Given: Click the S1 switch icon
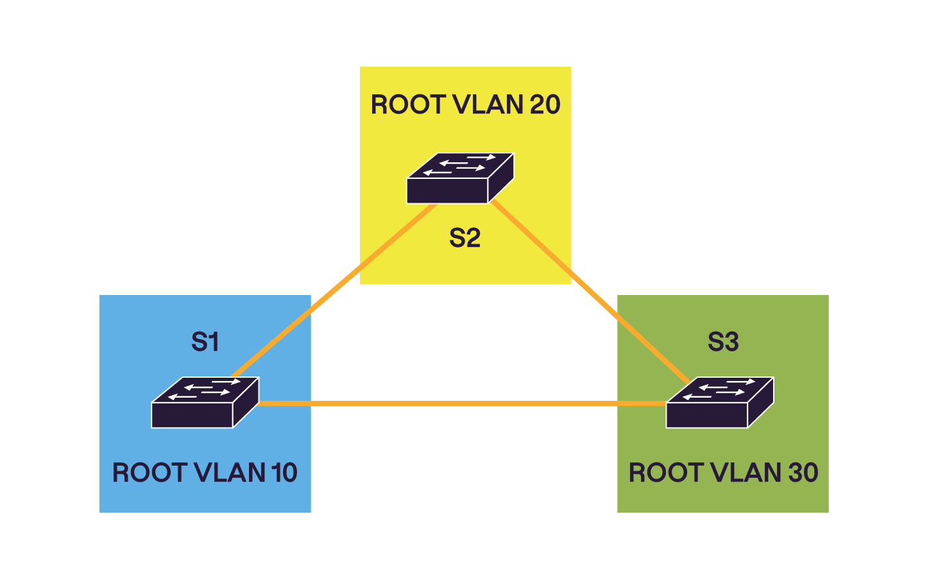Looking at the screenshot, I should [x=205, y=403].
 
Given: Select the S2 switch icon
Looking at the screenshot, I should [x=460, y=178].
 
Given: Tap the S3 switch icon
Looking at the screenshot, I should [x=719, y=403].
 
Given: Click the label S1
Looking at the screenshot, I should [x=205, y=342].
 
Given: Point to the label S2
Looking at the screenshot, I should [x=464, y=238].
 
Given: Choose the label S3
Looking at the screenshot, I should [x=723, y=342].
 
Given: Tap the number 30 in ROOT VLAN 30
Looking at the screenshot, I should [x=803, y=473].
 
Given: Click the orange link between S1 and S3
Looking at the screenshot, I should [x=462, y=403].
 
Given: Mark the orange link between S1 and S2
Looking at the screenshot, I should [x=334, y=292].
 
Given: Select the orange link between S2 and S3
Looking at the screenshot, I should [x=590, y=292].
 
